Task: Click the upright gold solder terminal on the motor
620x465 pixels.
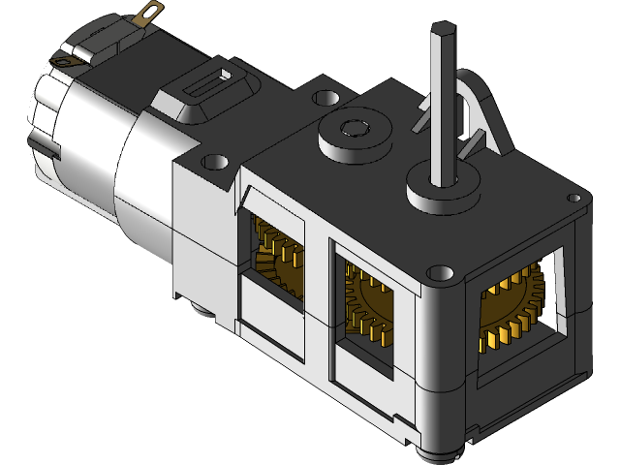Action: pyautogui.click(x=149, y=13)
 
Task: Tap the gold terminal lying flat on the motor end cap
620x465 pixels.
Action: pyautogui.click(x=65, y=60)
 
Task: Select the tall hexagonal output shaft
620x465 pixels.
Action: pyautogui.click(x=445, y=107)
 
